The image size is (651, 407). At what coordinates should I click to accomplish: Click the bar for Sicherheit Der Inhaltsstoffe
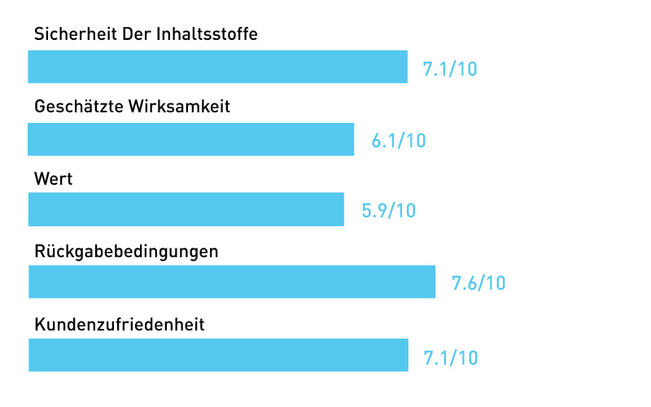coord(217,67)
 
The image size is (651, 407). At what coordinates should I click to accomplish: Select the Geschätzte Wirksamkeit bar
coord(190,139)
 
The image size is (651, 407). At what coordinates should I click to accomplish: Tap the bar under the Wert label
coord(186,209)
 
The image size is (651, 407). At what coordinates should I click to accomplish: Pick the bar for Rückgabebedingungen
coord(231,282)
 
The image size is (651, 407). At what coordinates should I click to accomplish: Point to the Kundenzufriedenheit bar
coord(217,355)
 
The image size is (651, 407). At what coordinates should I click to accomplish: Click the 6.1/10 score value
coord(399,140)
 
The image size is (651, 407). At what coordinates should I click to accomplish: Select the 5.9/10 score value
coord(388,211)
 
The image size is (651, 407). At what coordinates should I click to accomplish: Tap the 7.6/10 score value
coord(478,283)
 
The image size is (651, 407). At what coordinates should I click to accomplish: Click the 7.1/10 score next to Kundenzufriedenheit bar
coord(450,357)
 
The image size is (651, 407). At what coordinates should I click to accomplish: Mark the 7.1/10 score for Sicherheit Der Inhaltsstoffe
coord(450,68)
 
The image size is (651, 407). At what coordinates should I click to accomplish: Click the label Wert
coord(54,179)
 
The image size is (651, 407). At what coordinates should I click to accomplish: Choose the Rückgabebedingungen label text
coord(126,252)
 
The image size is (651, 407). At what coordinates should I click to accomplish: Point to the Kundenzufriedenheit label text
coord(119,324)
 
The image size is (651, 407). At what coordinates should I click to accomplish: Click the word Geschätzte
coord(78,107)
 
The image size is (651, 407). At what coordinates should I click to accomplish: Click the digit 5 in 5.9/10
coord(367,211)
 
